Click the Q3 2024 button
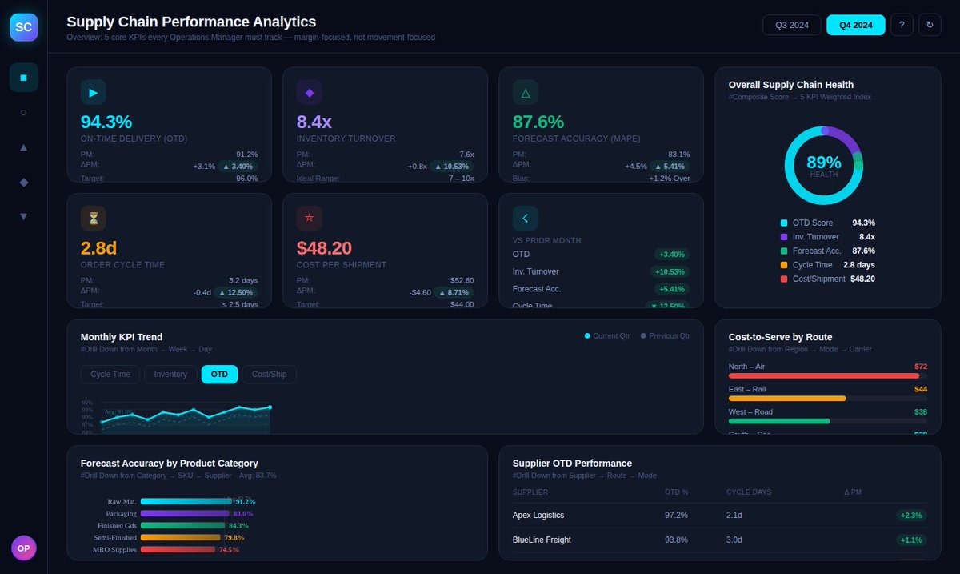coord(792,25)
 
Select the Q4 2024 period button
coord(855,25)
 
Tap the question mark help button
coord(902,25)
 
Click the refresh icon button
coord(930,25)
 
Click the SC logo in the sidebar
coord(23,26)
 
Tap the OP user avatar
coord(23,548)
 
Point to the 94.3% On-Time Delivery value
coord(106,122)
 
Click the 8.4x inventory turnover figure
coord(314,122)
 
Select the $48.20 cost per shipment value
coord(324,248)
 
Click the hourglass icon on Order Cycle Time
coord(94,219)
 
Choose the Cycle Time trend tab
coord(110,374)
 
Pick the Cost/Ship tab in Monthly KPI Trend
coord(270,374)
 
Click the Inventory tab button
coord(170,374)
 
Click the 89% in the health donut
coord(823,163)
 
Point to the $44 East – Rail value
coord(920,389)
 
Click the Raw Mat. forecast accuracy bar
coord(186,501)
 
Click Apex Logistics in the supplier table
coord(538,516)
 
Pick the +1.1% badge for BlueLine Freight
coord(911,540)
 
